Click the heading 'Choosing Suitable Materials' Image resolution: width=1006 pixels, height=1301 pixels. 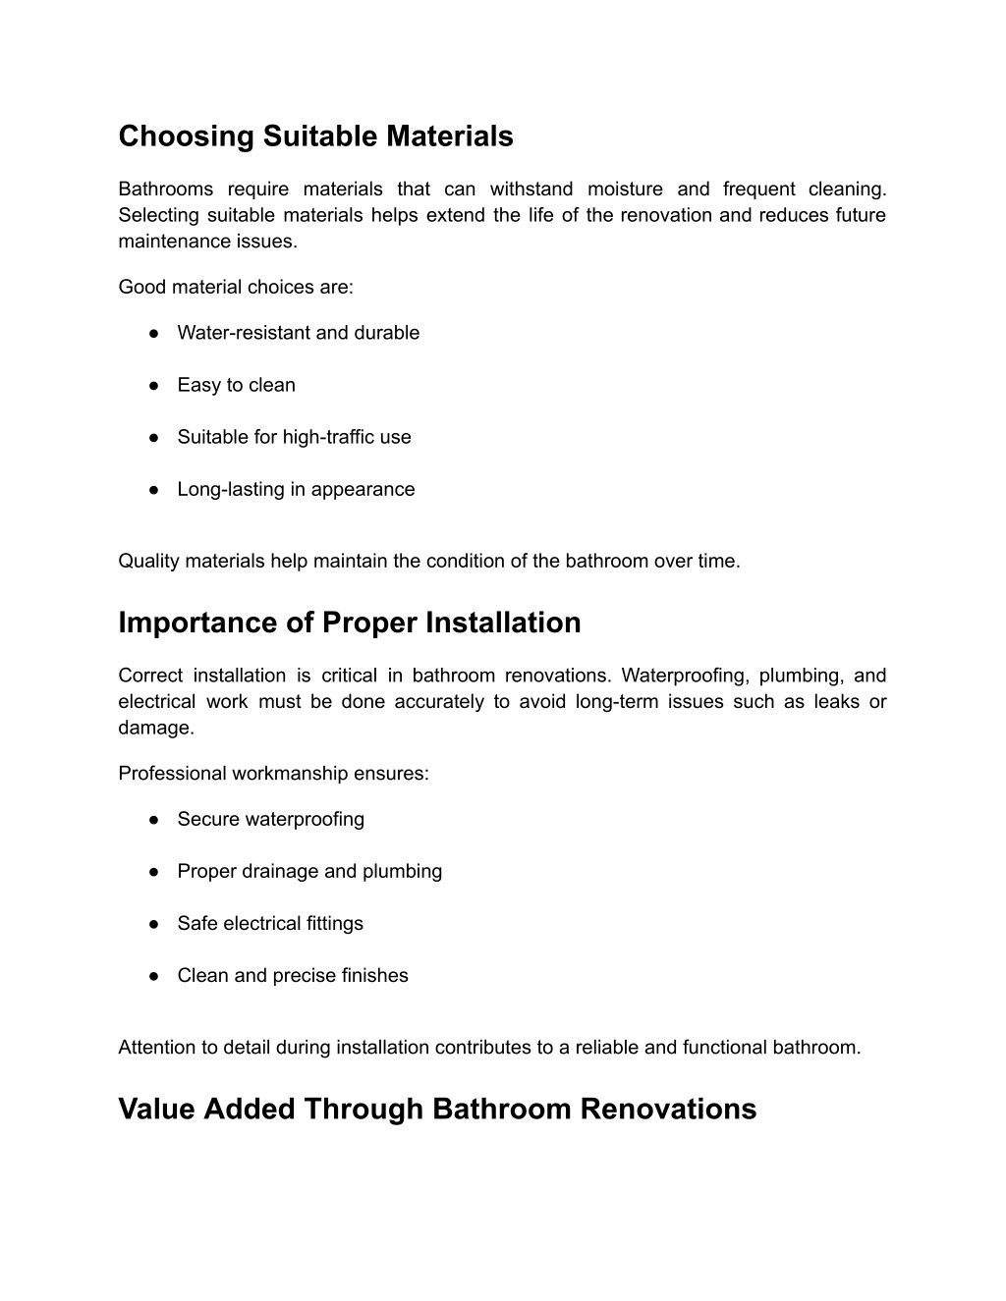point(315,136)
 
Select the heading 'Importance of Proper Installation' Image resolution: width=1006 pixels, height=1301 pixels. point(349,623)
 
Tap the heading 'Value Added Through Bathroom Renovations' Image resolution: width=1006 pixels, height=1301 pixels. point(437,1109)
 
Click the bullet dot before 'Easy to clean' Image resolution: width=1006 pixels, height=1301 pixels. point(155,385)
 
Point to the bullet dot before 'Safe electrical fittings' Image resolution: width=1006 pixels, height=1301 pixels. point(155,923)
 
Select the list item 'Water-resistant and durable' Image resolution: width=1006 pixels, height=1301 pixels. point(298,333)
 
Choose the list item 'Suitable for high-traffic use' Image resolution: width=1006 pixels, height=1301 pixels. point(294,437)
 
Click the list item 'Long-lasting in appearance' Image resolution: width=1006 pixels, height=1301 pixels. point(296,489)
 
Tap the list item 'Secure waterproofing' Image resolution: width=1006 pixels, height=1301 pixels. point(270,819)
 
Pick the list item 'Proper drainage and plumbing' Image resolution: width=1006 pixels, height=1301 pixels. point(309,871)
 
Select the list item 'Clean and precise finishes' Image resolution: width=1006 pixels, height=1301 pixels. point(293,975)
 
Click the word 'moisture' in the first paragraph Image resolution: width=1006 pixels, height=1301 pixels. point(625,189)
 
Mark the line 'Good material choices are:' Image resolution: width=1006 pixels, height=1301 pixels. point(235,287)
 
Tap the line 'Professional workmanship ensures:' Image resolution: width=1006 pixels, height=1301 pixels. point(273,773)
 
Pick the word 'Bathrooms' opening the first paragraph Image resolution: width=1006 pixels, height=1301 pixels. point(165,189)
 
